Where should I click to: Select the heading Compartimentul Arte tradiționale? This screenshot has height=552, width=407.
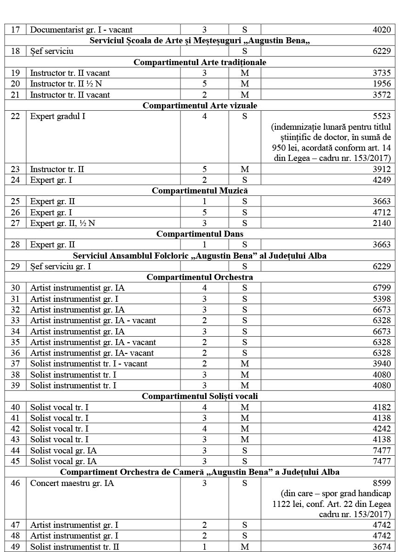pyautogui.click(x=200, y=62)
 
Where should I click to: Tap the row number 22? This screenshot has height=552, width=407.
pyautogui.click(x=15, y=116)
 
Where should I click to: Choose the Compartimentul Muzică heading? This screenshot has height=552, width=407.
pyautogui.click(x=200, y=191)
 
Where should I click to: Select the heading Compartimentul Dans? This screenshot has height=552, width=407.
pyautogui.click(x=200, y=234)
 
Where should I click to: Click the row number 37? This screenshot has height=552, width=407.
pyautogui.click(x=15, y=364)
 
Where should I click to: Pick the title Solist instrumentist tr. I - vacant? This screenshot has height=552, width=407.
pyautogui.click(x=88, y=364)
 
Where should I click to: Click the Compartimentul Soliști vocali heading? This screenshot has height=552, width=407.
pyautogui.click(x=200, y=396)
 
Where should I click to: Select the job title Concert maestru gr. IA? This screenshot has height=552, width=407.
pyautogui.click(x=72, y=483)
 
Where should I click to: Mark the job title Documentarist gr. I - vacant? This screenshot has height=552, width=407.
pyautogui.click(x=81, y=30)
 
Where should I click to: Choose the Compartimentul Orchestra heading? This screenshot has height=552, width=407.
pyautogui.click(x=200, y=277)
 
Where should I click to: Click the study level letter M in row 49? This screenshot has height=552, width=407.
pyautogui.click(x=245, y=547)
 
